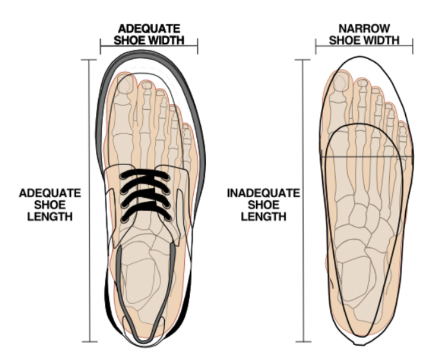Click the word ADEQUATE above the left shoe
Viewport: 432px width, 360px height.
pos(149,29)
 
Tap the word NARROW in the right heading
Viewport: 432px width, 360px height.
pos(364,29)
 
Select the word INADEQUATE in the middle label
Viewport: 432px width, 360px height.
pos(263,194)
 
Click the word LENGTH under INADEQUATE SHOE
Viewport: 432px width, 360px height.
pos(263,216)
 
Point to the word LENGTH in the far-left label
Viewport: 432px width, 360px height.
pos(50,216)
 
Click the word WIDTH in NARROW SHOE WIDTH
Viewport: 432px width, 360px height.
pos(383,40)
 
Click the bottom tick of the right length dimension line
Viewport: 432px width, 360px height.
pos(304,341)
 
